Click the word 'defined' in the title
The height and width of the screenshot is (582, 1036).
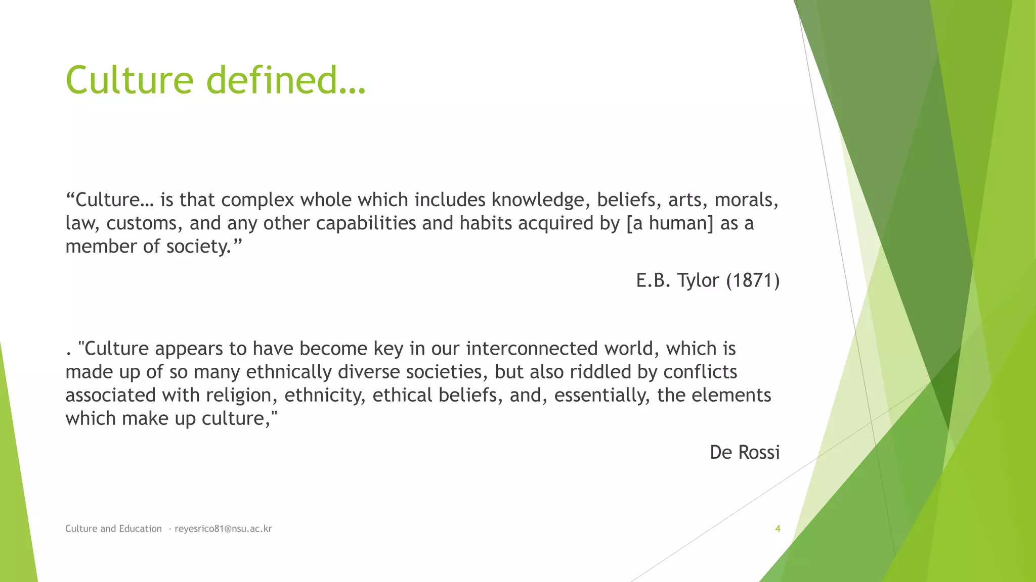click(272, 80)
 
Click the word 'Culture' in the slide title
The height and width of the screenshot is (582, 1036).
click(129, 80)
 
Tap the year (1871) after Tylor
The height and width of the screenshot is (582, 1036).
click(753, 280)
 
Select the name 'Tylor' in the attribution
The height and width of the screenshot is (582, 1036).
click(698, 280)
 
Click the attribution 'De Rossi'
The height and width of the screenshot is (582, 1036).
click(744, 452)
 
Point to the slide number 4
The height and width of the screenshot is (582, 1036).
click(778, 528)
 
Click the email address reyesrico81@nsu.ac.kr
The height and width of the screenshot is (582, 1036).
click(223, 528)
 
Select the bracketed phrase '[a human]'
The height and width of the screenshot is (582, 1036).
click(670, 223)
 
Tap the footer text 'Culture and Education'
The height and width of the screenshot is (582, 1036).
click(113, 528)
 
